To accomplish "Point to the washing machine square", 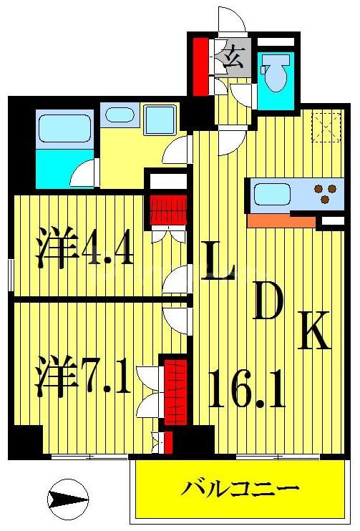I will pyautogui.click(x=160, y=118).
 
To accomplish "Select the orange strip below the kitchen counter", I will pyautogui.click(x=281, y=220).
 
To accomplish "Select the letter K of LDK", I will pyautogui.click(x=313, y=333).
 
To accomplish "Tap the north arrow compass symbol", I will pyautogui.click(x=68, y=495).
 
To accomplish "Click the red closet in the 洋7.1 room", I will pyautogui.click(x=175, y=391).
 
